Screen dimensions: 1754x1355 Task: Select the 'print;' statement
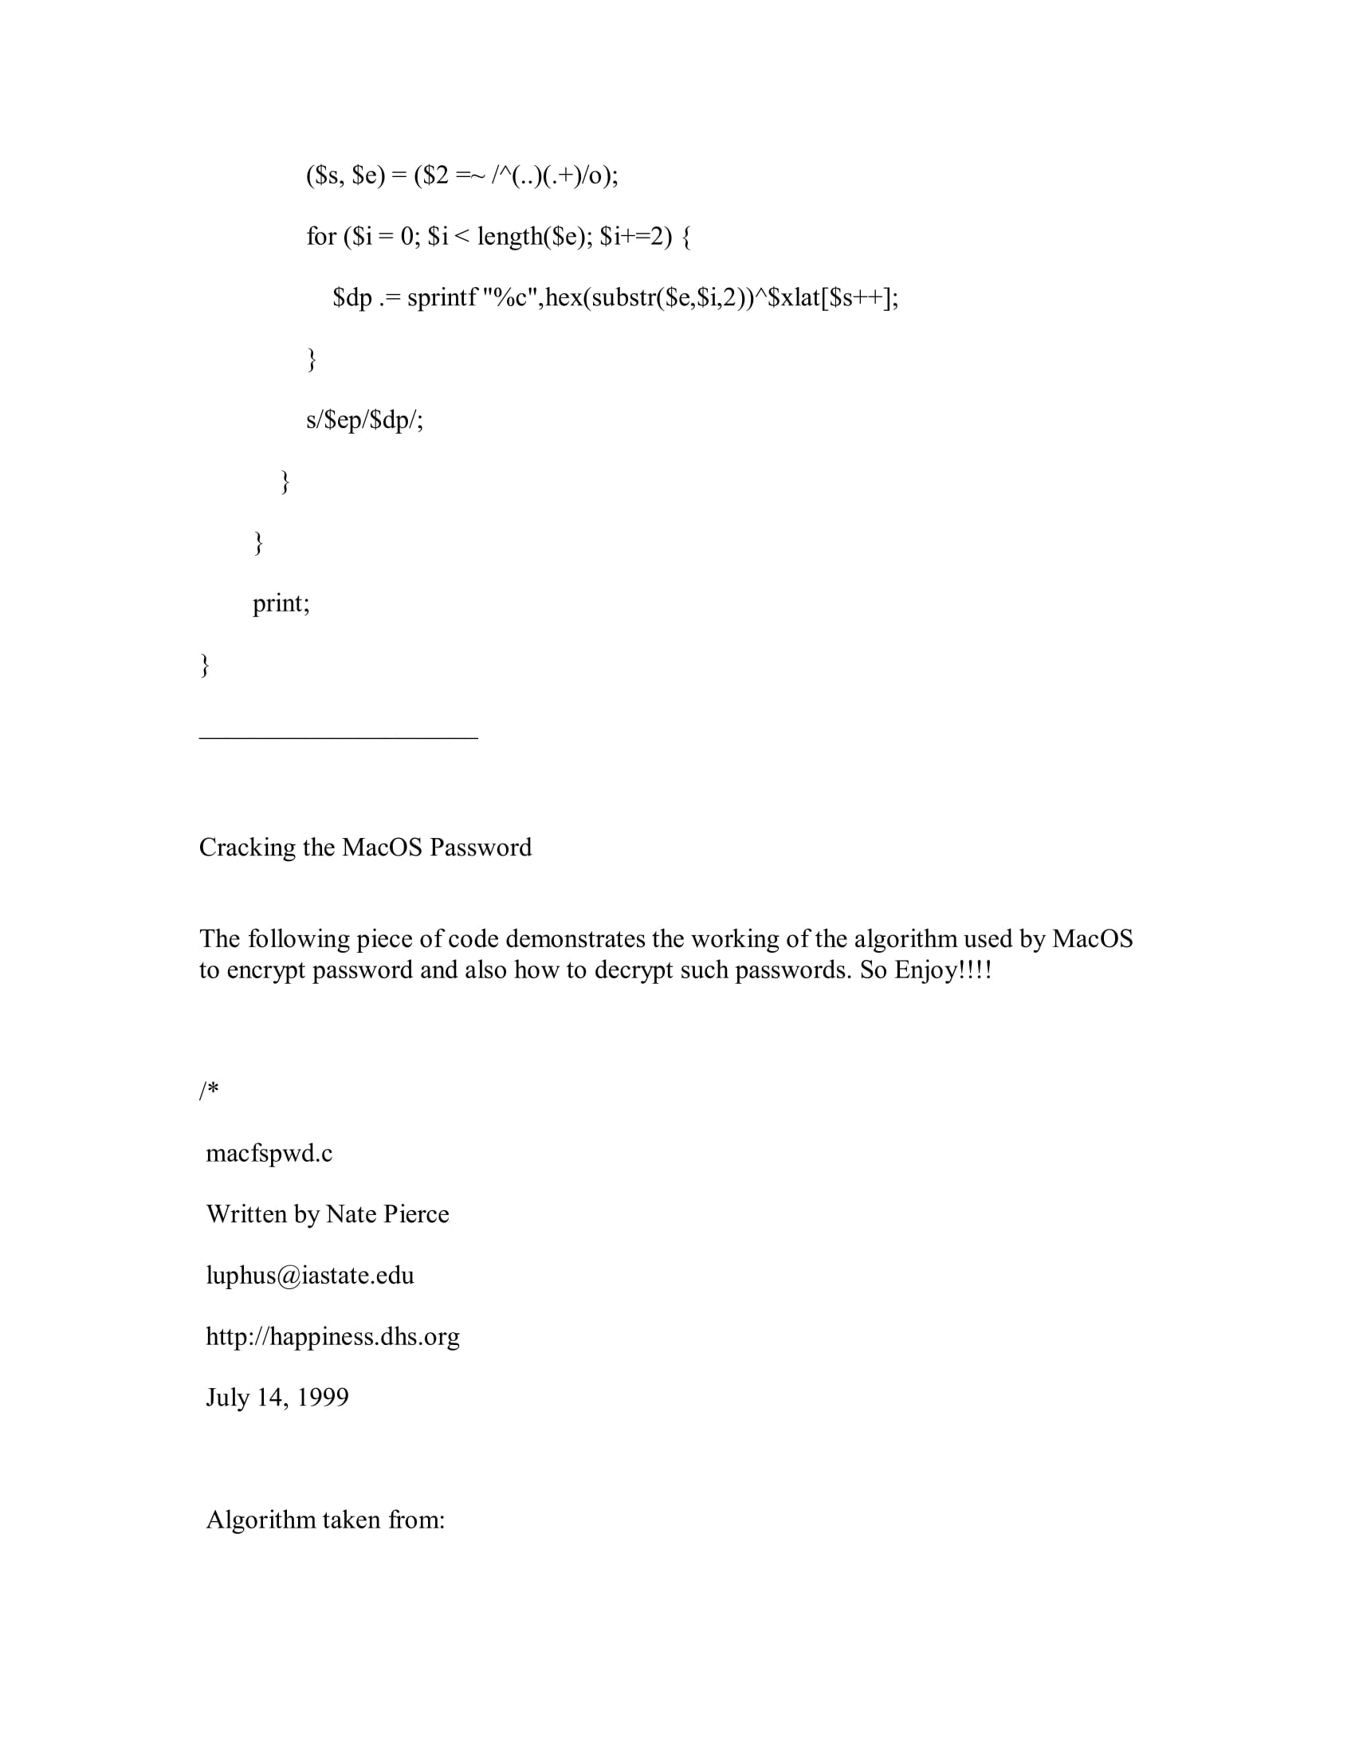pos(281,604)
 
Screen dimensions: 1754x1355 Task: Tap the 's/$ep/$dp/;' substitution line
pos(364,420)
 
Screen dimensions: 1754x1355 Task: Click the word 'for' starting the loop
pos(321,237)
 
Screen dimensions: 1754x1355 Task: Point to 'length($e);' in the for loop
pos(535,237)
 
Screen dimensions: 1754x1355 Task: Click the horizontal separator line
pos(338,737)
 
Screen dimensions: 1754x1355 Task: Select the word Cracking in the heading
pos(247,848)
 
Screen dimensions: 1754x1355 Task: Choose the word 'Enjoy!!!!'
pos(943,971)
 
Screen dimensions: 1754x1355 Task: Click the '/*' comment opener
pos(209,1091)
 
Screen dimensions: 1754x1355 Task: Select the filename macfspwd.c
pos(269,1154)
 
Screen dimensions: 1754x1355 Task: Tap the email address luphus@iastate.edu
pos(310,1276)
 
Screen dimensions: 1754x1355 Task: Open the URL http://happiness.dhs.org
pos(332,1336)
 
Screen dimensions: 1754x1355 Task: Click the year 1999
pos(323,1398)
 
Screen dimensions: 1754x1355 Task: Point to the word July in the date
pos(228,1398)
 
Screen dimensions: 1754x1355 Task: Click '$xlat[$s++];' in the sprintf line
pos(833,299)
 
